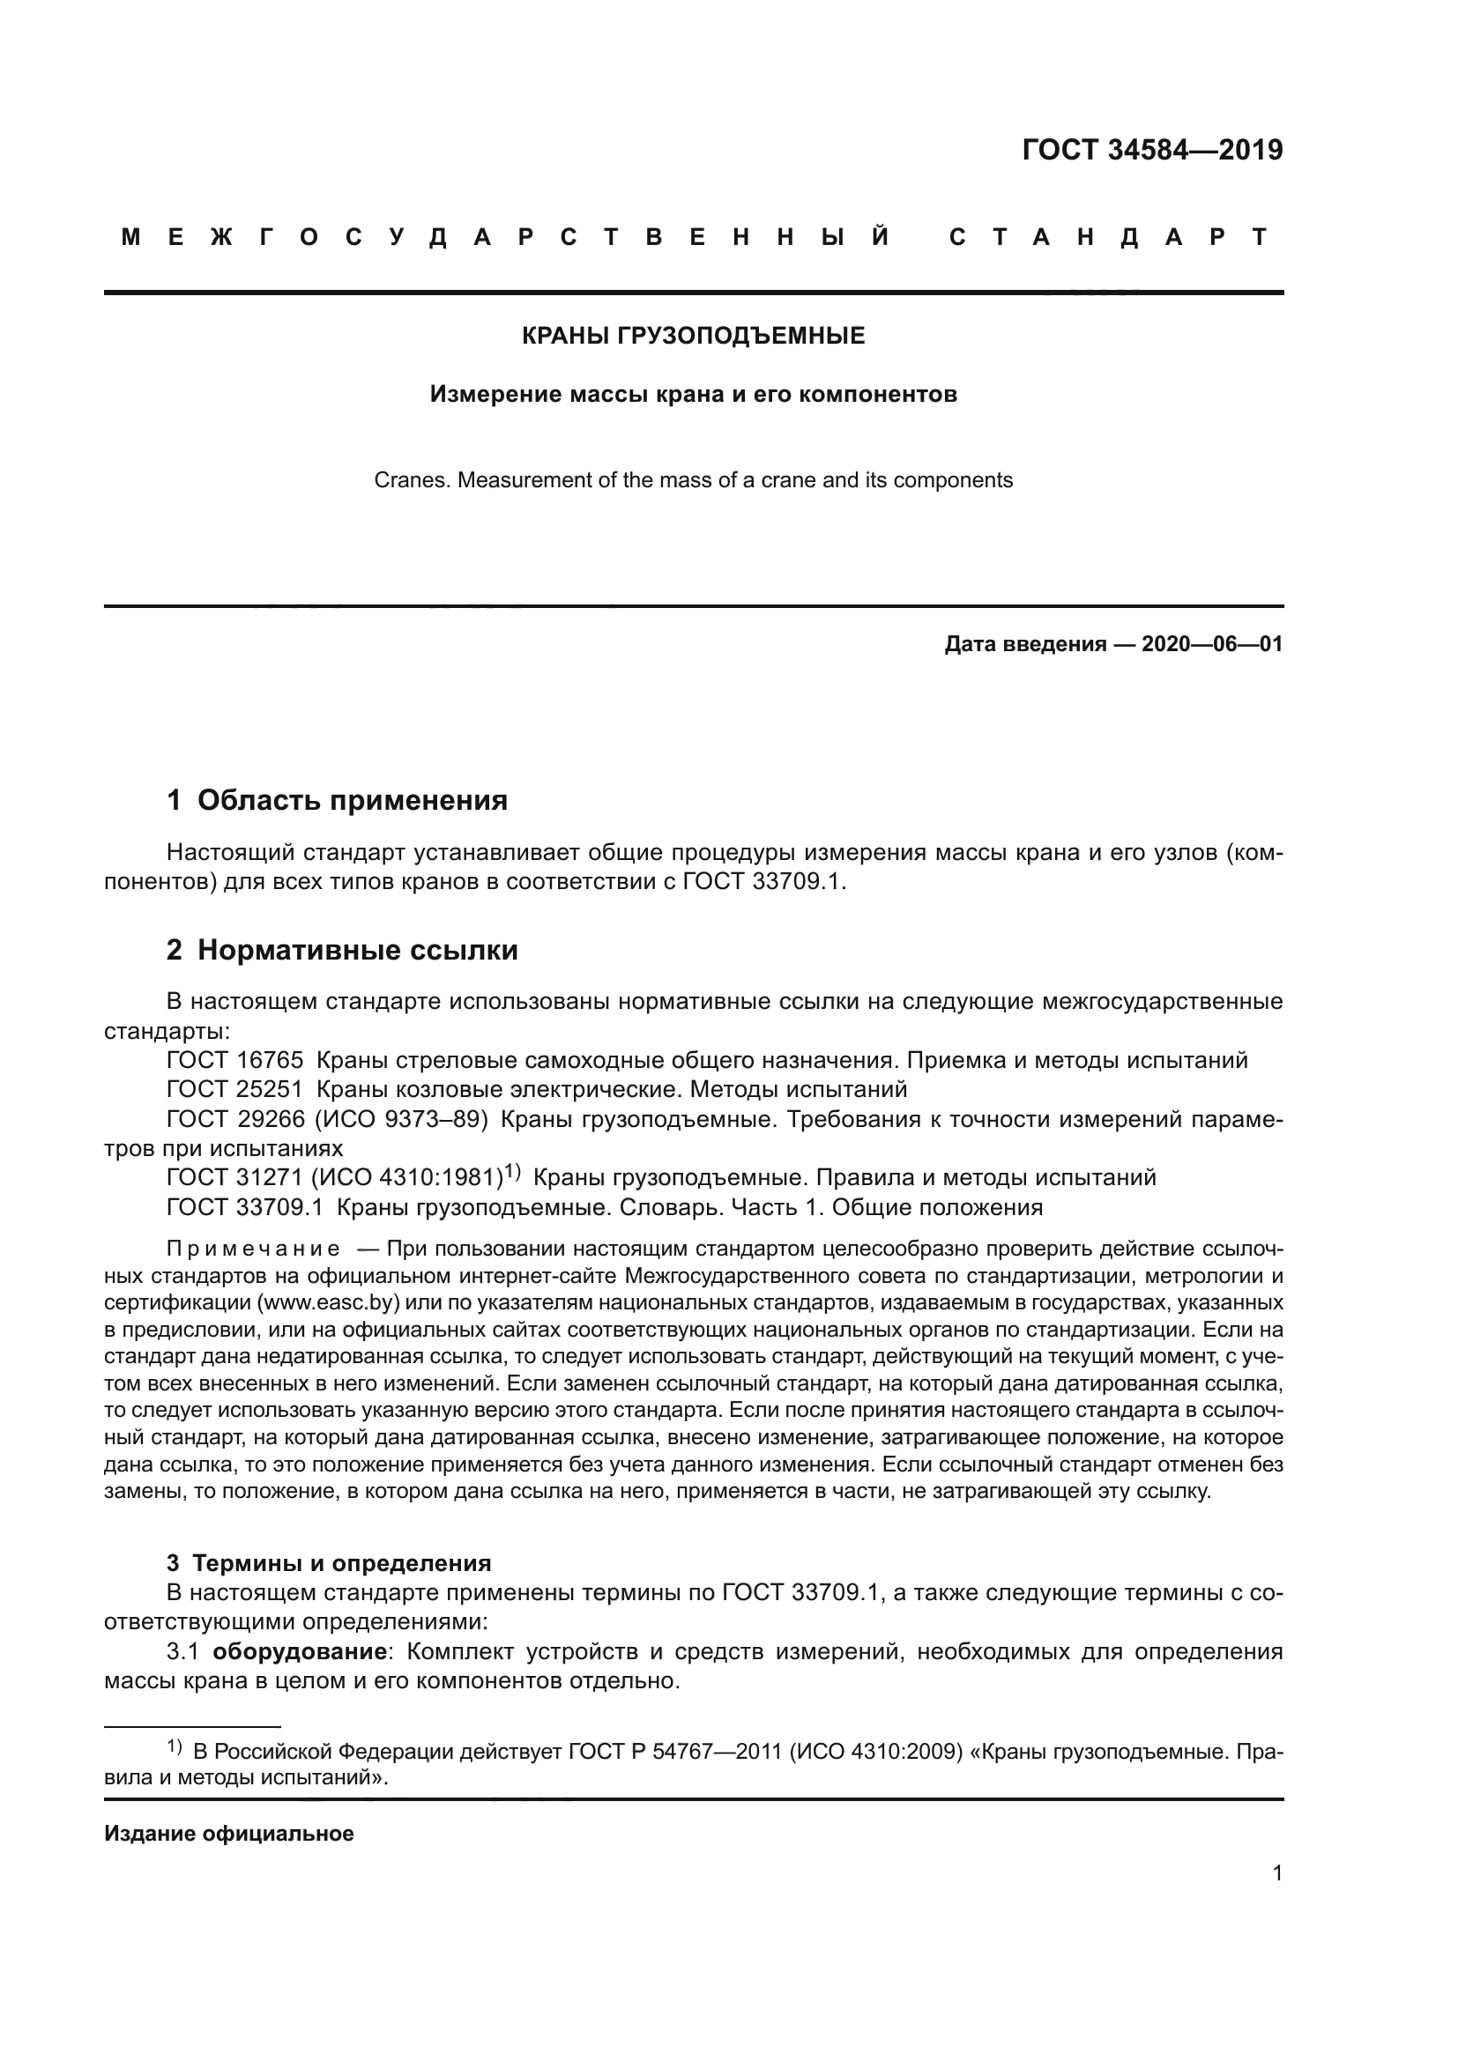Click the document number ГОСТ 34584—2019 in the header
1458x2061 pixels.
click(1152, 150)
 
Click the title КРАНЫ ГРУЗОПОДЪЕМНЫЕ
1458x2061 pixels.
click(693, 336)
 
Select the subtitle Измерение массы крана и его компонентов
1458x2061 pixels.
click(693, 394)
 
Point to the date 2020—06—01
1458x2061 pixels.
click(1212, 643)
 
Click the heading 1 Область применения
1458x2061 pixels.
click(337, 800)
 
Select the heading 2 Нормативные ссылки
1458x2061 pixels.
click(342, 950)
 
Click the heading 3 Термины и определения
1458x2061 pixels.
click(329, 1563)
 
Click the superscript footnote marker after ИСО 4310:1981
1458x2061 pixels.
click(512, 1170)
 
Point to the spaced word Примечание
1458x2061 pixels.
click(253, 1249)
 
